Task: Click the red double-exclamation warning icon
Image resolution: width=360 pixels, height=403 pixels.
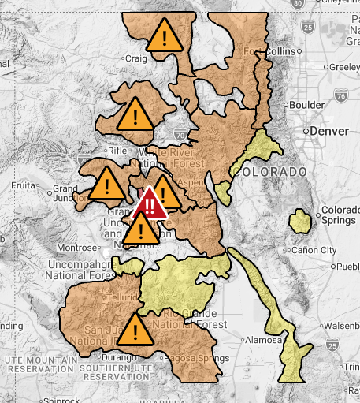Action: pyautogui.click(x=150, y=203)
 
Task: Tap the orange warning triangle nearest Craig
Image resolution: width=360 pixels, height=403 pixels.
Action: pyautogui.click(x=165, y=35)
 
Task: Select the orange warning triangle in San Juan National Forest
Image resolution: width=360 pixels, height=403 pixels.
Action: pyautogui.click(x=136, y=330)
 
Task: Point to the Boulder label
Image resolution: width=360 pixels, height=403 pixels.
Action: pyautogui.click(x=307, y=104)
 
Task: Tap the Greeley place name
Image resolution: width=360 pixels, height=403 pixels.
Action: pyautogui.click(x=343, y=67)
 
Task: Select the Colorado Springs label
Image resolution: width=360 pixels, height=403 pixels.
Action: pyautogui.click(x=339, y=215)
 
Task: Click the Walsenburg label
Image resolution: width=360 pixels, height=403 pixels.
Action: pyautogui.click(x=338, y=325)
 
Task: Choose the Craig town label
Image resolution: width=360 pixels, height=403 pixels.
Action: pyautogui.click(x=137, y=58)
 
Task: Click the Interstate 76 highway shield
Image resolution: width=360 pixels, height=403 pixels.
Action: pyautogui.click(x=340, y=96)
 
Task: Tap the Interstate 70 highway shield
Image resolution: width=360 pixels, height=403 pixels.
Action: pyautogui.click(x=180, y=134)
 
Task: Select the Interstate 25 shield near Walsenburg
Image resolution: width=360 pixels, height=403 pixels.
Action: pyautogui.click(x=332, y=344)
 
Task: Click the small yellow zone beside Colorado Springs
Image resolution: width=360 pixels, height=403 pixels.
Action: pyautogui.click(x=299, y=221)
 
